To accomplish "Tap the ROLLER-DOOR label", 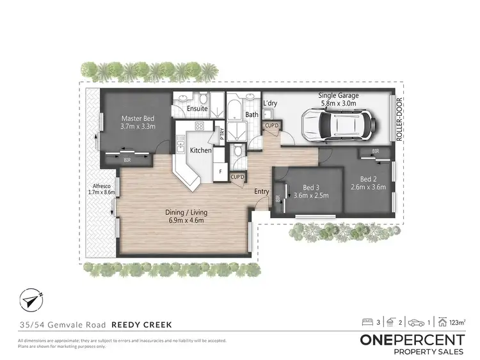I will tap(399, 121).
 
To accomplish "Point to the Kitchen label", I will tap(201, 150).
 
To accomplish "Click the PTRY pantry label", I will tap(221, 134).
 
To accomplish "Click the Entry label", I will tap(261, 191).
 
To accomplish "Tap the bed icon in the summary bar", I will tap(367, 323).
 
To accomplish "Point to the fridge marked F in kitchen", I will tap(220, 171).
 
